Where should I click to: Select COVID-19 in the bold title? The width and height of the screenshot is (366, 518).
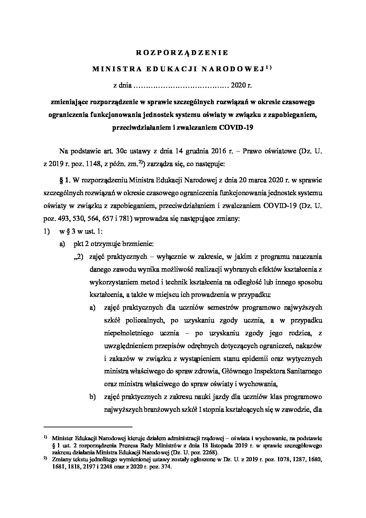pyautogui.click(x=236, y=127)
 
